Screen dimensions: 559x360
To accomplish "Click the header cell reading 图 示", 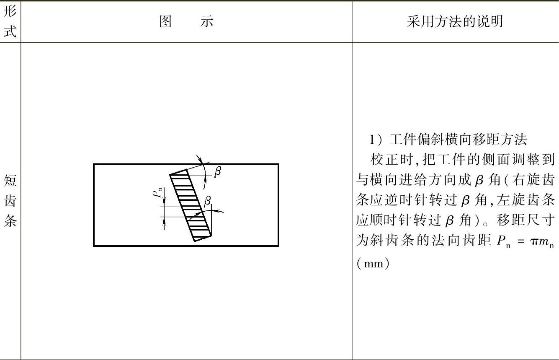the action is (186, 21).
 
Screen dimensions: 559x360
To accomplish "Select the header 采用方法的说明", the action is (455, 21).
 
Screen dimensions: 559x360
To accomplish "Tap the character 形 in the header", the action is (10, 12).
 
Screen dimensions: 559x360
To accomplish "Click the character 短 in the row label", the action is (10, 181).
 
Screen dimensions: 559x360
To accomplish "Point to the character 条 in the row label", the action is (10, 221).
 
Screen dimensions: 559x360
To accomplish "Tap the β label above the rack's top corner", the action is (217, 171).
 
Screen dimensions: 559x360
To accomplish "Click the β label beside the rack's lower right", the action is (207, 201).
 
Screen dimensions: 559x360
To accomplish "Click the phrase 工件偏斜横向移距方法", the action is (458, 140).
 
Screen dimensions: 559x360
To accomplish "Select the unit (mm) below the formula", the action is (373, 264).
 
